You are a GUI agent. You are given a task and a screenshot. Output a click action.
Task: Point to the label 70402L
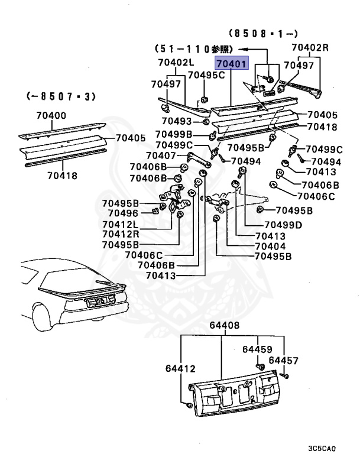point(176,62)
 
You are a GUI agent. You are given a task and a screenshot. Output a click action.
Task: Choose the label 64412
point(180,369)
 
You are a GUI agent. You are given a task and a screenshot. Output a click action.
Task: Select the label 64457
point(284,360)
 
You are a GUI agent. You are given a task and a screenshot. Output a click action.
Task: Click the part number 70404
point(270,246)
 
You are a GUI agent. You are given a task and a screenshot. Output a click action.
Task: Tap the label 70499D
point(283,225)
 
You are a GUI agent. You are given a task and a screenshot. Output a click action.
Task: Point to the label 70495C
point(206,75)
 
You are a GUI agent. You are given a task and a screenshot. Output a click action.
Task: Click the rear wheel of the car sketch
point(39,320)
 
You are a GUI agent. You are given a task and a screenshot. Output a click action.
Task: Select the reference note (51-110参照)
point(193,48)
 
